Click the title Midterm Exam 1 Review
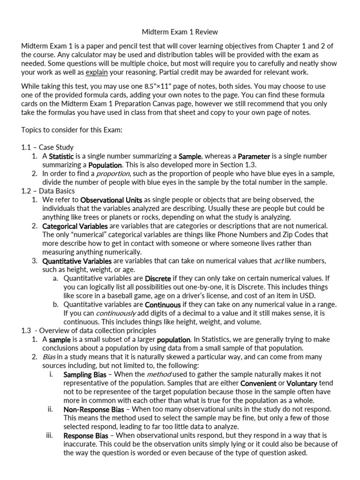[180, 32]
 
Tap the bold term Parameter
[254, 156]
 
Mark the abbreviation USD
[308, 295]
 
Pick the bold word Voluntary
[301, 383]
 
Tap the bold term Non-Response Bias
[94, 409]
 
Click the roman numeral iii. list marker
[51, 435]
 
